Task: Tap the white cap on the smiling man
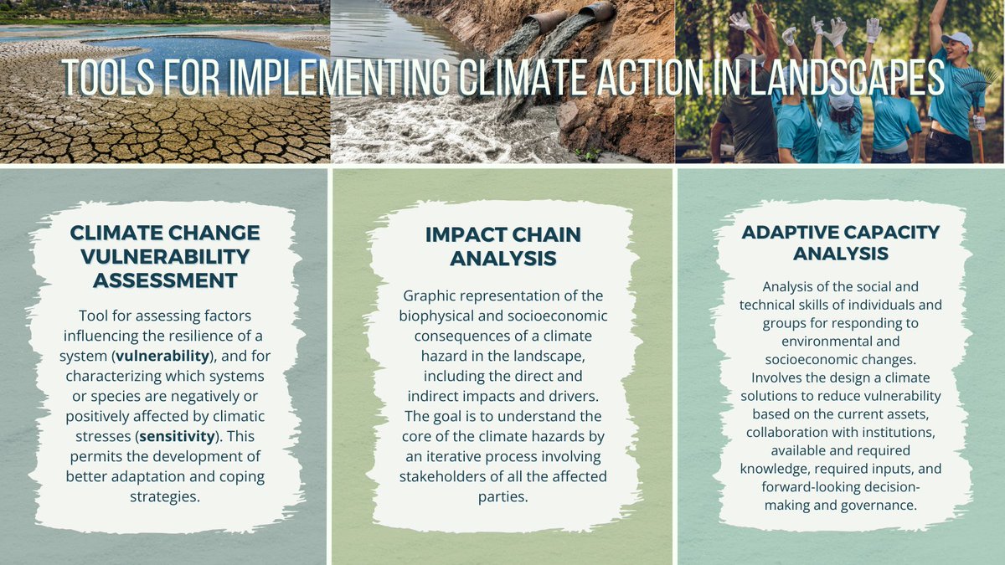point(957,39)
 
